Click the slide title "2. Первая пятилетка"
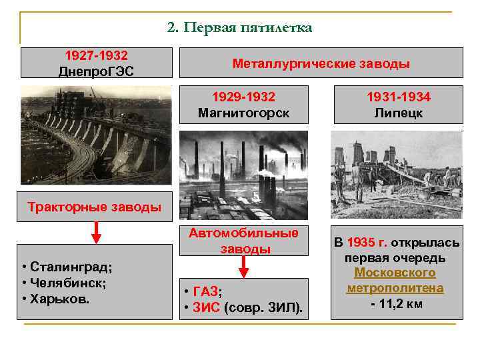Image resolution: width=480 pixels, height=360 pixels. (x=239, y=27)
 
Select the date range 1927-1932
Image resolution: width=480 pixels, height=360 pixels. (x=96, y=55)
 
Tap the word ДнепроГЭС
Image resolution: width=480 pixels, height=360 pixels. (x=96, y=71)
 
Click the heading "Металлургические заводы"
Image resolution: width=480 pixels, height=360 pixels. (x=321, y=64)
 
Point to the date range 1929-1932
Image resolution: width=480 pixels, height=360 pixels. (x=243, y=97)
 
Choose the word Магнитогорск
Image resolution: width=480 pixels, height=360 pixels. (x=243, y=113)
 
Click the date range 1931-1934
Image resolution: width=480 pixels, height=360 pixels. (x=399, y=97)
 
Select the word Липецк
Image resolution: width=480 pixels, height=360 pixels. (x=399, y=113)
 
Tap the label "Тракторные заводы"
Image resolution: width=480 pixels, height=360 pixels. (x=95, y=207)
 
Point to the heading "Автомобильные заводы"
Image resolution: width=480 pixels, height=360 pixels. (x=243, y=241)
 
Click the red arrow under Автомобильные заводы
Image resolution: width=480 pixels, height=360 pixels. (x=244, y=266)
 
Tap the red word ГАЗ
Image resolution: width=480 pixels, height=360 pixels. (x=207, y=291)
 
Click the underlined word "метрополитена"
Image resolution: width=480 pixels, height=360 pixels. (x=395, y=288)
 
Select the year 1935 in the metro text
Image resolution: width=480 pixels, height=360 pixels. (x=359, y=242)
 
